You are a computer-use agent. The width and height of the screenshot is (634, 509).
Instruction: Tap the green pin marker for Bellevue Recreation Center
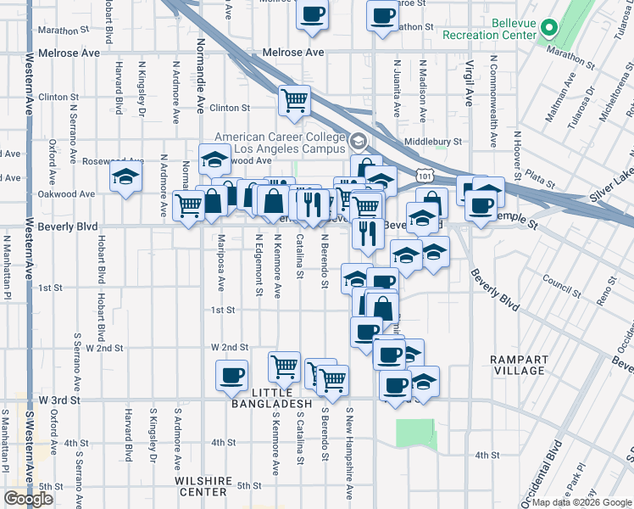point(548,27)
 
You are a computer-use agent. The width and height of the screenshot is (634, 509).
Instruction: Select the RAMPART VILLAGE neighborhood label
point(518,365)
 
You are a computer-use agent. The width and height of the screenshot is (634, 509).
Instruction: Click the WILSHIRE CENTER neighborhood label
point(203,486)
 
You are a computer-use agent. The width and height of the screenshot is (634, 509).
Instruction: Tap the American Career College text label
point(281,143)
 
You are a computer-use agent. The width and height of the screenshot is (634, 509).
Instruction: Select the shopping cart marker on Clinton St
point(293,101)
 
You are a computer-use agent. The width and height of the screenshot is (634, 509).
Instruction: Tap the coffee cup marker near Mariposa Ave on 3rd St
point(231,375)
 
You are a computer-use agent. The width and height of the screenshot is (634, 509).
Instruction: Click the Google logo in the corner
point(28,499)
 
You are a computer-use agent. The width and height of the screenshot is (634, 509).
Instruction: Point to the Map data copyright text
point(581,502)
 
